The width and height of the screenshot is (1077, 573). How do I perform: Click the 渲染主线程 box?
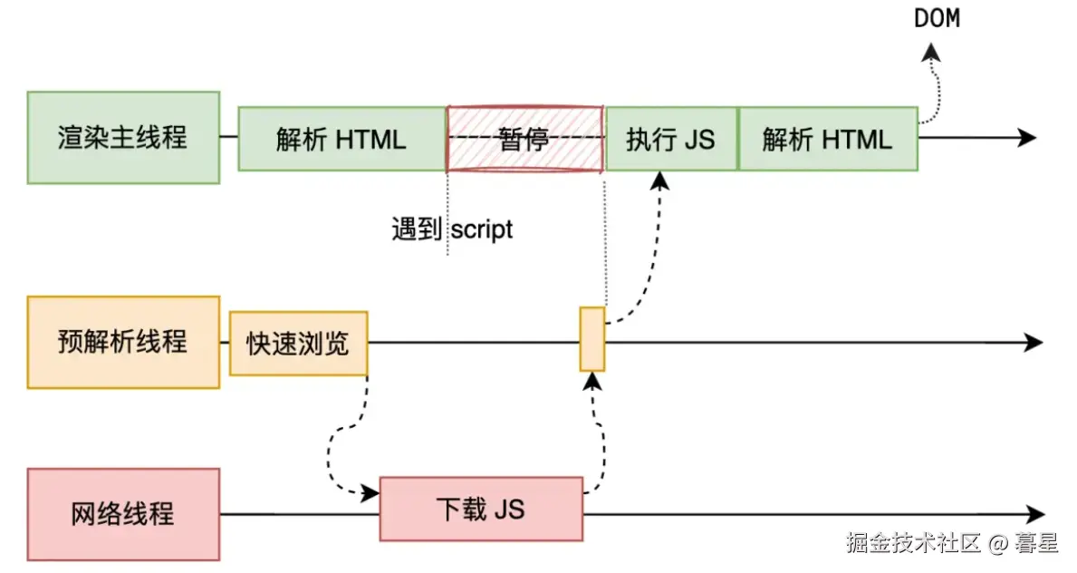pyautogui.click(x=123, y=138)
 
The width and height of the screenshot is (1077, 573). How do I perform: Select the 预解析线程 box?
pyautogui.click(x=123, y=343)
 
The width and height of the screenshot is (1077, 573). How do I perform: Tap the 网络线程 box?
pyautogui.click(x=123, y=515)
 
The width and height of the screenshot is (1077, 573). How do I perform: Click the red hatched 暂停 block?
pyautogui.click(x=524, y=138)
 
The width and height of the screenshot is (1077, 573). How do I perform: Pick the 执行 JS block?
pyautogui.click(x=671, y=138)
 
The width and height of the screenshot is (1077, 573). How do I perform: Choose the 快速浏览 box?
pyautogui.click(x=299, y=344)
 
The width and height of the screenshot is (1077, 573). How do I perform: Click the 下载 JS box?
pyautogui.click(x=482, y=509)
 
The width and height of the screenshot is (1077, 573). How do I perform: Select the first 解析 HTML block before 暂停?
pyautogui.click(x=342, y=138)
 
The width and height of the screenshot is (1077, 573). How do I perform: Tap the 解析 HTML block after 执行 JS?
pyautogui.click(x=828, y=138)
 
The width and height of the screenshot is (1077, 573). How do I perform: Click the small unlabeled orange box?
pyautogui.click(x=592, y=339)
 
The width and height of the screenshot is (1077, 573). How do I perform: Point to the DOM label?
pyautogui.click(x=937, y=18)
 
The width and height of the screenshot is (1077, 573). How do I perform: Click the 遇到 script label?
pyautogui.click(x=452, y=229)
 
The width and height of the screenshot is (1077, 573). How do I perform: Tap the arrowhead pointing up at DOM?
pyautogui.click(x=930, y=52)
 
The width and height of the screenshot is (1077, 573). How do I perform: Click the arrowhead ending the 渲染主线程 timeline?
pyautogui.click(x=1027, y=138)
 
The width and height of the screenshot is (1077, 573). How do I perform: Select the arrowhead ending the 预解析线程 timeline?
pyautogui.click(x=1034, y=343)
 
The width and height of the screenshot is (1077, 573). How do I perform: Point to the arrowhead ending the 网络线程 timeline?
pyautogui.click(x=1036, y=514)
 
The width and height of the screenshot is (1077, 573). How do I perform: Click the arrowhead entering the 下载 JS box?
pyautogui.click(x=370, y=492)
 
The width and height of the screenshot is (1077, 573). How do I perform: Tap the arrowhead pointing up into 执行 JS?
pyautogui.click(x=659, y=181)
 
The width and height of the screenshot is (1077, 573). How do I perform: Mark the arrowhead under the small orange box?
pyautogui.click(x=592, y=381)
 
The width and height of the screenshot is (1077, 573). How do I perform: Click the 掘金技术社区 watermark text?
pyautogui.click(x=914, y=543)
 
